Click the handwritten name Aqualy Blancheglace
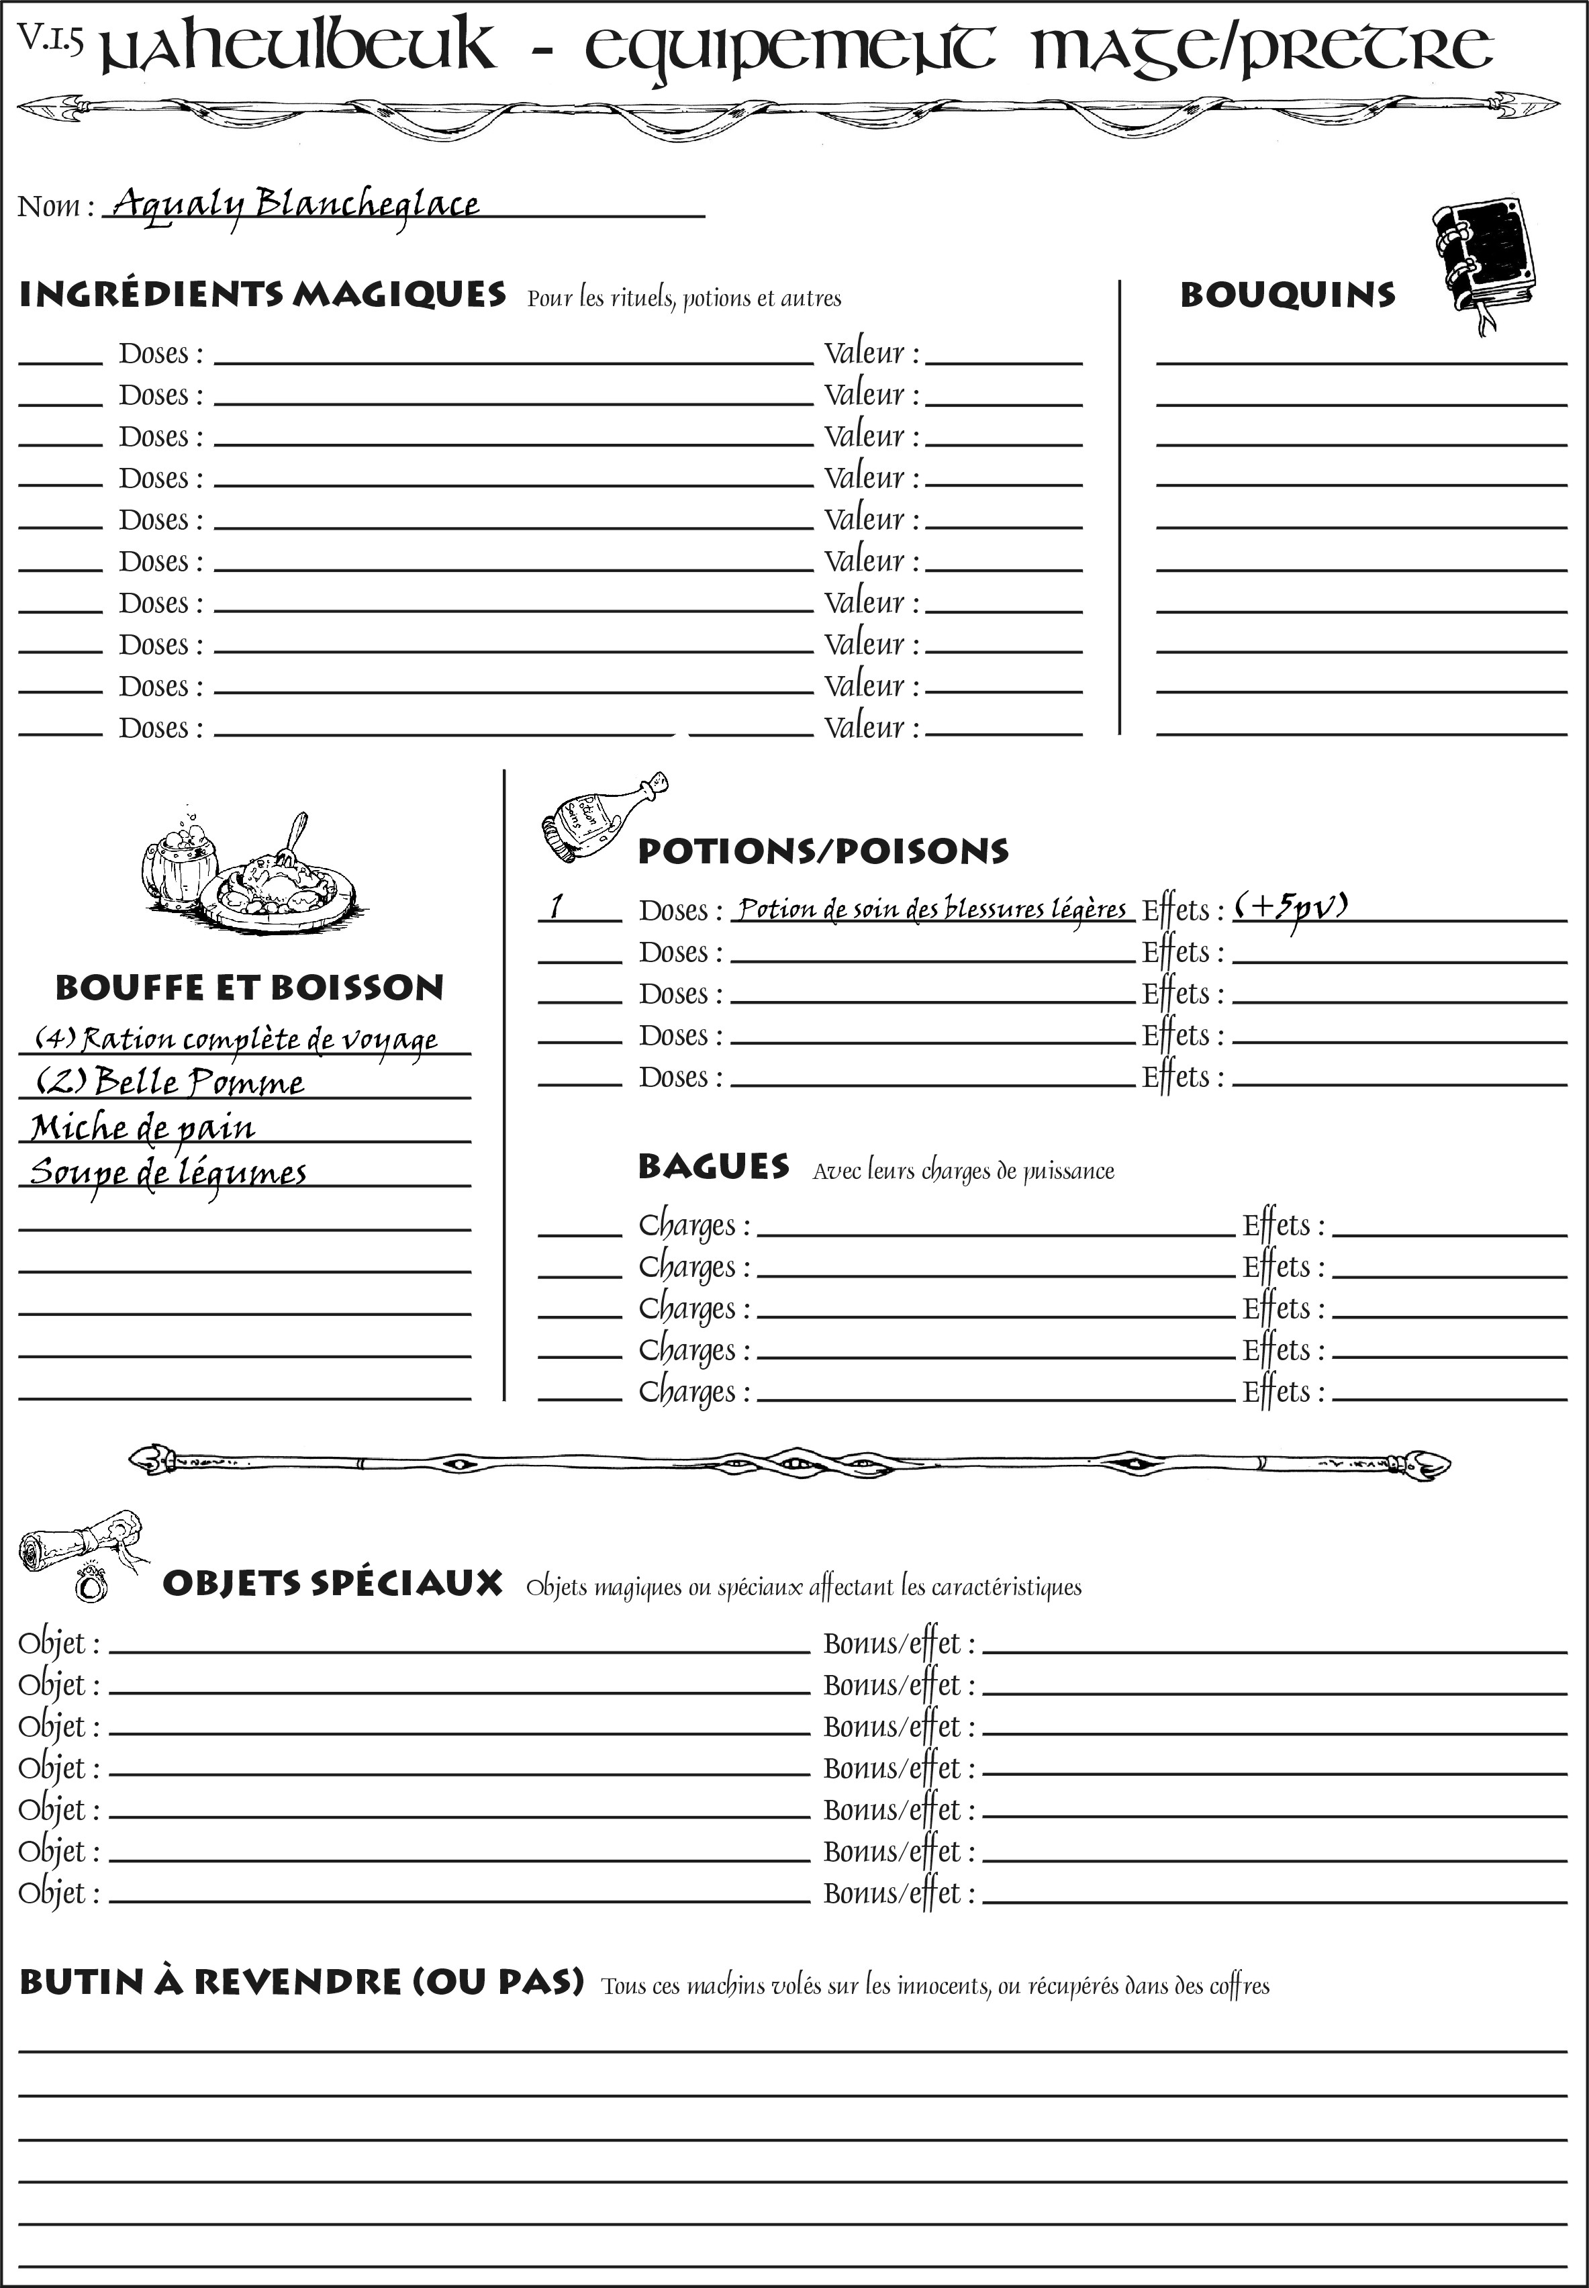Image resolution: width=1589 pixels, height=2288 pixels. coord(295,204)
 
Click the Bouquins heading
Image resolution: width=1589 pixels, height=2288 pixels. coord(1288,295)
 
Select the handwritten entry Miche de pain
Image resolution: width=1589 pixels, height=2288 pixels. coord(142,1127)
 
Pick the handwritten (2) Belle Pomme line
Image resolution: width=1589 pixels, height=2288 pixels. coord(169,1082)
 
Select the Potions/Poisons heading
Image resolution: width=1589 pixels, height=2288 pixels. coord(822,851)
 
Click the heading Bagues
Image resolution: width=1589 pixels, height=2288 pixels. coord(714,1166)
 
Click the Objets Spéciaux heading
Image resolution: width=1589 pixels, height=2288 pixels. coord(332,1583)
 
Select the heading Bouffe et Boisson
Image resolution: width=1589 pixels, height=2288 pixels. coord(249,988)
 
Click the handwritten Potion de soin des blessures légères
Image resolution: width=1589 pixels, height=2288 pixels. coord(932,908)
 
